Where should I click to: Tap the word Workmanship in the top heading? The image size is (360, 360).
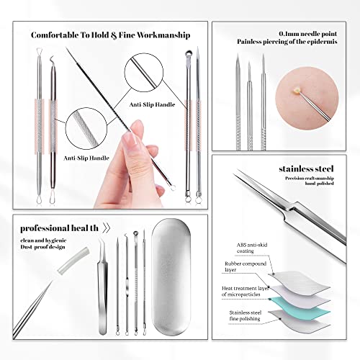point(164,35)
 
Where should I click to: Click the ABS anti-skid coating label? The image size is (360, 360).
point(254,248)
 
